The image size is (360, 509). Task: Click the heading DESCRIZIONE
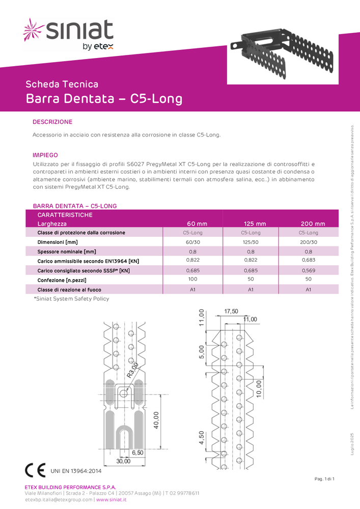coord(52,122)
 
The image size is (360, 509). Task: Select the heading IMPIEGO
coord(45,155)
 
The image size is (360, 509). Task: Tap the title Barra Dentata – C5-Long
coord(104,99)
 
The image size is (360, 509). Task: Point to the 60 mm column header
coord(197,224)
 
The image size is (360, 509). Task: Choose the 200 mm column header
coord(313,224)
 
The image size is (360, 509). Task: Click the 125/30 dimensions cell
coord(251,242)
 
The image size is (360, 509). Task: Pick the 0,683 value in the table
coord(309,261)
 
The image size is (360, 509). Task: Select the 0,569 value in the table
coord(309,270)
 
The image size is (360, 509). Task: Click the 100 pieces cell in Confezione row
coord(193,279)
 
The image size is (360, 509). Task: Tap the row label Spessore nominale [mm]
coord(67,251)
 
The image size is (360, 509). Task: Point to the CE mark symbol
coord(36,470)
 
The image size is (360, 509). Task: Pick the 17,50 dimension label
coord(231,312)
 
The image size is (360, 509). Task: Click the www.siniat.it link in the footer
coord(112,500)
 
